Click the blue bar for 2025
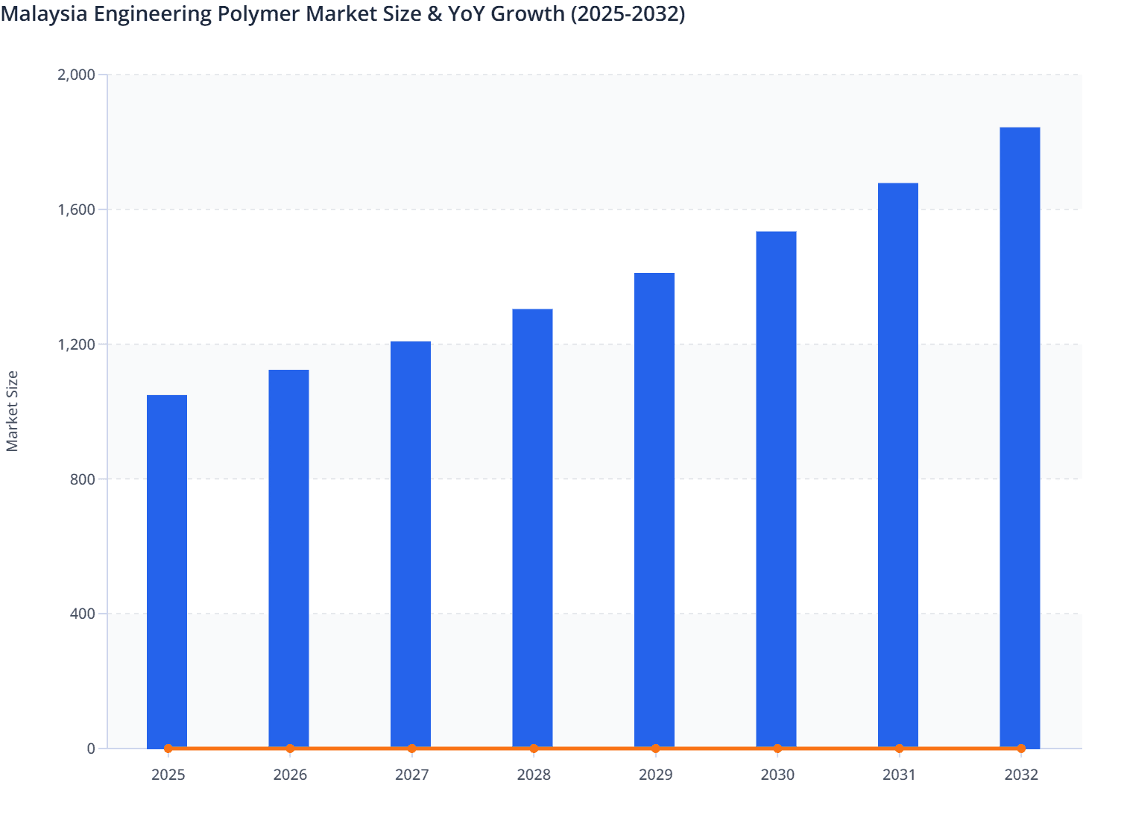click(167, 570)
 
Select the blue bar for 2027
click(411, 544)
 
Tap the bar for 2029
click(654, 510)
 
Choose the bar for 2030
click(776, 489)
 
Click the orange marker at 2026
click(290, 749)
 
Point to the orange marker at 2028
click(534, 749)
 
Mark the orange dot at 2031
click(899, 749)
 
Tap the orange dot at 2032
click(1021, 749)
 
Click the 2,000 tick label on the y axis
click(76, 75)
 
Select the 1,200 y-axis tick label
click(76, 344)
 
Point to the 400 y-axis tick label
click(83, 614)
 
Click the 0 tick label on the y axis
click(91, 749)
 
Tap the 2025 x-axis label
click(168, 775)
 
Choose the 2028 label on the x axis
click(534, 775)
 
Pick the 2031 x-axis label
click(899, 775)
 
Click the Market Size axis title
click(13, 411)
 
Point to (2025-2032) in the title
click(628, 14)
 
